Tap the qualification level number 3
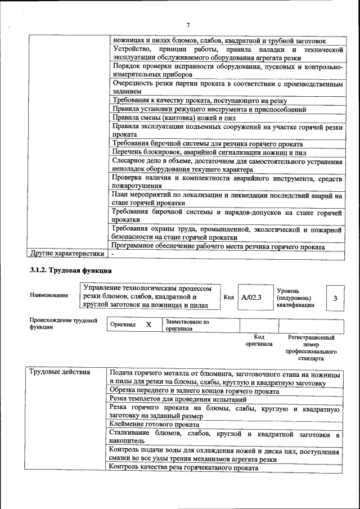335,298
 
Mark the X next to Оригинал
148,325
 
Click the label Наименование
49,295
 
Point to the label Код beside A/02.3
228,297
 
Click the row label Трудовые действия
59,372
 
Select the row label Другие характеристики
67,254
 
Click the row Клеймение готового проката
155,424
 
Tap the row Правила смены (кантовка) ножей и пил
174,118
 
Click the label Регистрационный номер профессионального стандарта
311,348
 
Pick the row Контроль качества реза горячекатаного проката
184,467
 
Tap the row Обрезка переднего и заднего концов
194,390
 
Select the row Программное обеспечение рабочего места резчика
218,246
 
